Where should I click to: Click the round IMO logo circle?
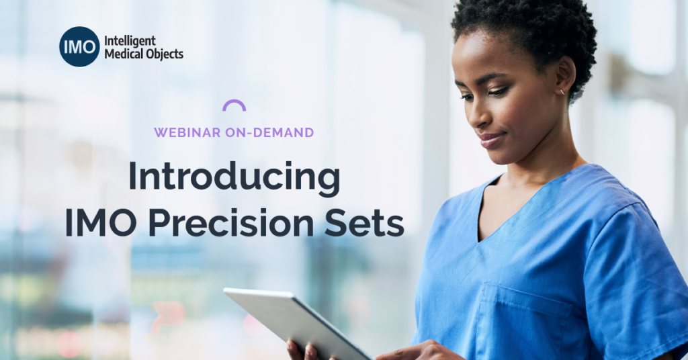point(79,46)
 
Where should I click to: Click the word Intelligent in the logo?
point(130,41)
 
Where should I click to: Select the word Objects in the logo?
point(165,54)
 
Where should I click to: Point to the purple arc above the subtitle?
point(234,101)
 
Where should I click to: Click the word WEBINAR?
point(187,132)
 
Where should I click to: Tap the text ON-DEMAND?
point(269,132)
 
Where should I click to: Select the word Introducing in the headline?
point(234,177)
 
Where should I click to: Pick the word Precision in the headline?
point(231,222)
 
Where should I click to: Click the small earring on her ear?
point(562,91)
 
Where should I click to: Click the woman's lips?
point(490,140)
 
